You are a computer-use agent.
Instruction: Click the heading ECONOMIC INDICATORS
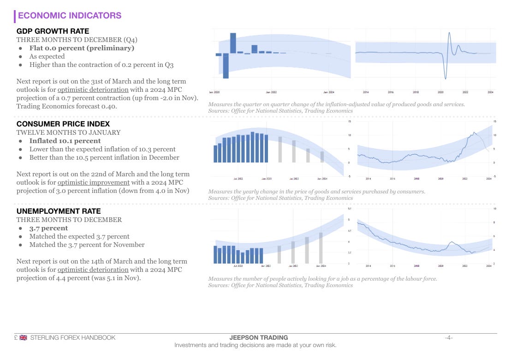click(70, 16)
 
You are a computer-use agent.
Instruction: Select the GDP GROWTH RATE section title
click(53, 31)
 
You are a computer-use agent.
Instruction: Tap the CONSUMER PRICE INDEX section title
click(63, 124)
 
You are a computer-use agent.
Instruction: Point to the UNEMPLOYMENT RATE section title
click(59, 211)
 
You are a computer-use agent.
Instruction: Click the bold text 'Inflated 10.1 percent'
click(65, 141)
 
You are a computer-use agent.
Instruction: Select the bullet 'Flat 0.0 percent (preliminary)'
click(82, 48)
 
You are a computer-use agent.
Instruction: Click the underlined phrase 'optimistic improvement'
click(94, 182)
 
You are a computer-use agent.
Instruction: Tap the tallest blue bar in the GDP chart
click(233, 43)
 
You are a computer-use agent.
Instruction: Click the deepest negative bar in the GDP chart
click(226, 66)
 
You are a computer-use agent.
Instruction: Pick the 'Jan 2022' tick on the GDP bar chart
click(271, 92)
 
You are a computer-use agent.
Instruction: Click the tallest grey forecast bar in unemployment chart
click(321, 248)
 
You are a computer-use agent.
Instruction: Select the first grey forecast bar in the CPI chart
click(279, 149)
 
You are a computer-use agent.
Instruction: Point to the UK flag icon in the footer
click(23, 338)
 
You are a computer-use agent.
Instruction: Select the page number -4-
click(449, 338)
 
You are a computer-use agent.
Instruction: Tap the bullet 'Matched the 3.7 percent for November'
click(87, 245)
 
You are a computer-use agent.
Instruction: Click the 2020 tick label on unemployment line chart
click(440, 266)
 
